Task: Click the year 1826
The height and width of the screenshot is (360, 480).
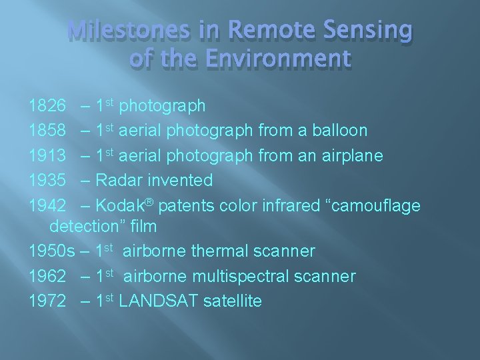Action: tap(47, 106)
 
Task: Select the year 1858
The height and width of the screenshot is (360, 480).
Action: tap(47, 131)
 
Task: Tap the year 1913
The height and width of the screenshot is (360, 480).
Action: tap(47, 156)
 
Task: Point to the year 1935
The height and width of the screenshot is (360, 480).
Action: tap(47, 181)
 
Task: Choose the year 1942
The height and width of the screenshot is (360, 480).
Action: tap(47, 206)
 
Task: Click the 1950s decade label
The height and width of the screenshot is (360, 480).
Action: tap(52, 251)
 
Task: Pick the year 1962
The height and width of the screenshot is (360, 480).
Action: tap(47, 276)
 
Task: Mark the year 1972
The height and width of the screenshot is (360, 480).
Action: tap(47, 301)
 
